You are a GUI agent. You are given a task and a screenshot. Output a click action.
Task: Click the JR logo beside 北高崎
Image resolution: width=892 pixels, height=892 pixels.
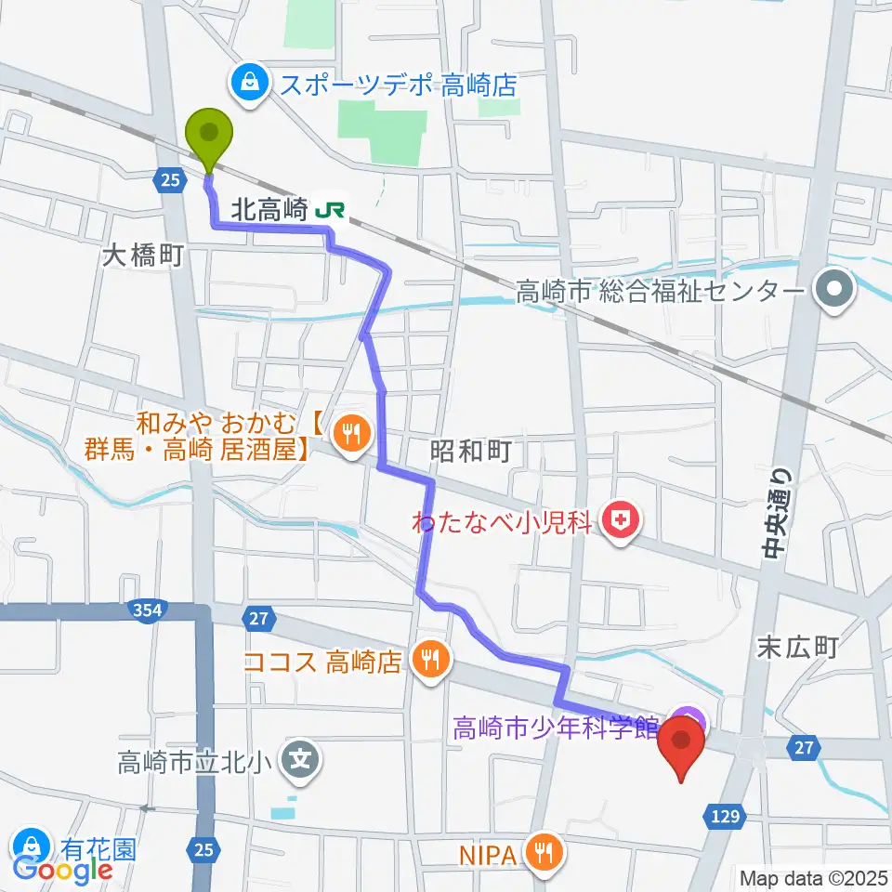pyautogui.click(x=328, y=211)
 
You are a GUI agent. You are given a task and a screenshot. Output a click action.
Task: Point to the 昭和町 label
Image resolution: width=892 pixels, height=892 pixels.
pyautogui.click(x=472, y=453)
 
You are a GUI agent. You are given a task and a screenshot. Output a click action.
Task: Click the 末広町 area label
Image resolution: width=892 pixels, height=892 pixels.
pyautogui.click(x=798, y=647)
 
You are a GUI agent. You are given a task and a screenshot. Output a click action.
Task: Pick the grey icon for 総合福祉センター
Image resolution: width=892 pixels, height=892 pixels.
pyautogui.click(x=834, y=292)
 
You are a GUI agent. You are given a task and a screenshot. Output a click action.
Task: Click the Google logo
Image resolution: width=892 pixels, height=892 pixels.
pyautogui.click(x=62, y=870)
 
